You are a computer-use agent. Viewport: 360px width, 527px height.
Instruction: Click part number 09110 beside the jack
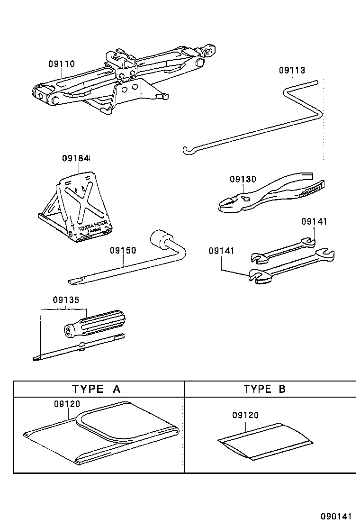61,63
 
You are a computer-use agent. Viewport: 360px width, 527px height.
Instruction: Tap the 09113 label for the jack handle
292,70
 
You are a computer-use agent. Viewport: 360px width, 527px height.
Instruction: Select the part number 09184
76,158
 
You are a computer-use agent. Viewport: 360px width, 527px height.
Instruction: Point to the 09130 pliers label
243,179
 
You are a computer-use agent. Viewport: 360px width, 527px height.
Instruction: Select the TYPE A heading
96,389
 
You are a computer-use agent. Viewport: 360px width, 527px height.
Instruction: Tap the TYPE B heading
265,389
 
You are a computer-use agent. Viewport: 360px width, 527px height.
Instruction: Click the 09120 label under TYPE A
67,404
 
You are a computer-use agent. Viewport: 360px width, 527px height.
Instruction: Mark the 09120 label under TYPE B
245,415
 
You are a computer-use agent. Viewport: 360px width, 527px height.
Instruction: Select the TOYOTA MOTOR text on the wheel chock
90,227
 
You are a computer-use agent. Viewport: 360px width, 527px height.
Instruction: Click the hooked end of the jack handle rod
186,151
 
